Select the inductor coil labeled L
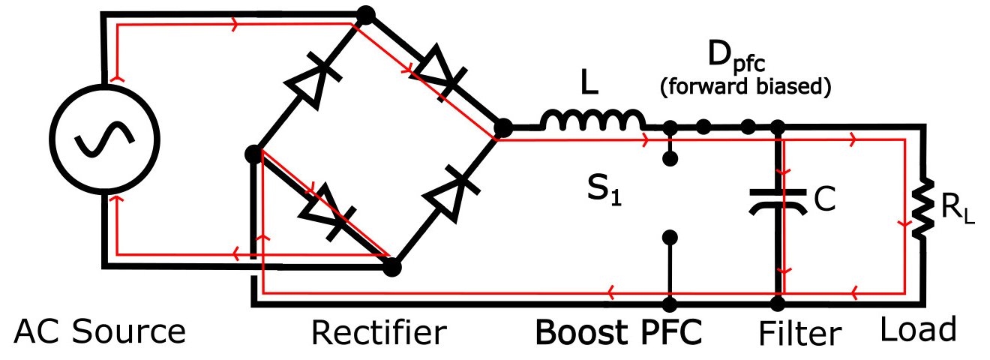pyautogui.click(x=592, y=120)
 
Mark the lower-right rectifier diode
pyautogui.click(x=450, y=191)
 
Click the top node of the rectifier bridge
pyautogui.click(x=366, y=14)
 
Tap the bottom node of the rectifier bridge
pyautogui.click(x=391, y=265)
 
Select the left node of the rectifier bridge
pyautogui.click(x=253, y=154)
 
